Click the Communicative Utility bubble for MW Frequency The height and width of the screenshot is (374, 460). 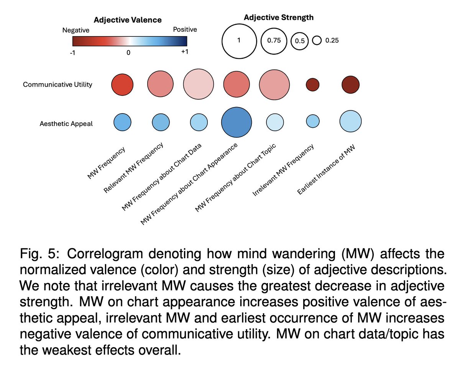(x=122, y=85)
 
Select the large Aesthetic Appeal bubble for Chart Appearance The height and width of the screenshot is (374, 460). (x=236, y=123)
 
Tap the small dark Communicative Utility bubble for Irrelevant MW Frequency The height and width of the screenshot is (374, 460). (x=312, y=85)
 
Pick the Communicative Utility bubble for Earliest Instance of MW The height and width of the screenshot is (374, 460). (x=350, y=85)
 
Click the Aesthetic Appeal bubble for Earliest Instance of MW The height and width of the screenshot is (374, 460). (x=350, y=121)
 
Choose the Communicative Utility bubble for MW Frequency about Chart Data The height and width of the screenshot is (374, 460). (x=198, y=85)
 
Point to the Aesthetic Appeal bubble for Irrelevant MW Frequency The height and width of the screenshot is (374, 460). (x=312, y=121)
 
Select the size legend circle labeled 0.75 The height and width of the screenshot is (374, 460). (x=274, y=41)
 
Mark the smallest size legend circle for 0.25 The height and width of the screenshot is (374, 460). (x=317, y=40)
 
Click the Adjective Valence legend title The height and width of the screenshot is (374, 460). (x=128, y=20)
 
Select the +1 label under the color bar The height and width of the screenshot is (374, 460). (x=184, y=53)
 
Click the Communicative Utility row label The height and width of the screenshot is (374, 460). (x=58, y=84)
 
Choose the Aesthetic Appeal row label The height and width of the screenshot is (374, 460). (x=66, y=124)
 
